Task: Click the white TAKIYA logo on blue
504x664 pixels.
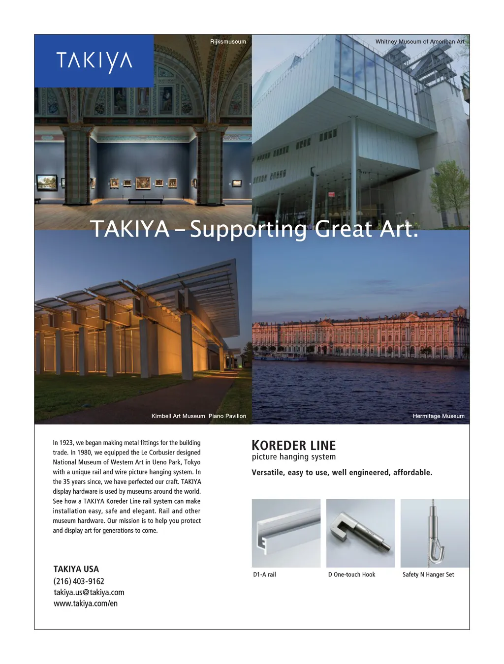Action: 94,61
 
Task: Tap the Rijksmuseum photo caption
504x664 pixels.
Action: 228,42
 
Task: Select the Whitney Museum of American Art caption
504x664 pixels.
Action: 419,42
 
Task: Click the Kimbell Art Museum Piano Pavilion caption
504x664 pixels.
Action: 198,416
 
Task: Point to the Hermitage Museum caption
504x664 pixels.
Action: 438,416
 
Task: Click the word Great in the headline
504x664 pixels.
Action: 343,229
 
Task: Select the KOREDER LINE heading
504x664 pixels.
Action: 293,446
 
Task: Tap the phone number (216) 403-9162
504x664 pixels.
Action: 79,581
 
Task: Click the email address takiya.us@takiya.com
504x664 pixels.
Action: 89,593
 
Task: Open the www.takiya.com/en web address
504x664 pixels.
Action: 86,604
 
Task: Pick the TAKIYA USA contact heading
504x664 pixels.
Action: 76,569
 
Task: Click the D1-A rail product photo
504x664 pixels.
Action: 286,533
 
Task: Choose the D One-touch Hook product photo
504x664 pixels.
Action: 360,533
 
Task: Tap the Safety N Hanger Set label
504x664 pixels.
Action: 428,574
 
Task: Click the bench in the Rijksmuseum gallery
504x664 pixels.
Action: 145,201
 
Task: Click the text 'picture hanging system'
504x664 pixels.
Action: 294,457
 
